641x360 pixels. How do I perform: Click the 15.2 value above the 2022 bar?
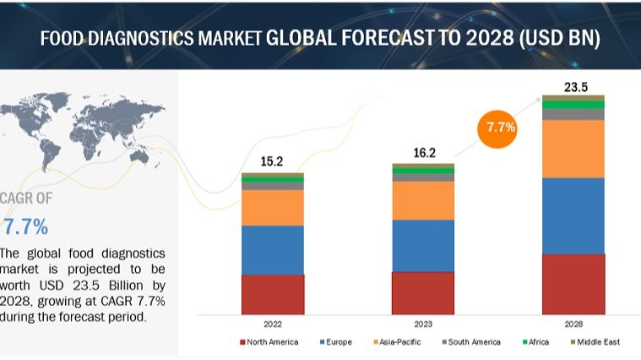coord(272,161)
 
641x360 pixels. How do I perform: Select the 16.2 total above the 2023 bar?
coord(423,153)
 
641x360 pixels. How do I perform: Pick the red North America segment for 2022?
coord(272,294)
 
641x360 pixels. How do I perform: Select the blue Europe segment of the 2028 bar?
coord(573,215)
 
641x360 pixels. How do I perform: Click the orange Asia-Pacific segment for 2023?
coord(423,201)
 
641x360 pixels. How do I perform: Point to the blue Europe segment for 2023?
coord(423,246)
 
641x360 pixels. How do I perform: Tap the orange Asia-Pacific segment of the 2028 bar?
coord(573,149)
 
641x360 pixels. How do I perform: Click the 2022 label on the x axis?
coord(272,324)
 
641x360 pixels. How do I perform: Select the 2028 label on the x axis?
coord(573,324)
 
